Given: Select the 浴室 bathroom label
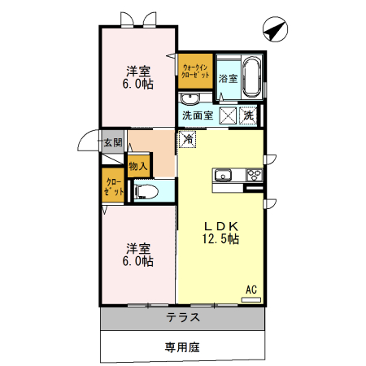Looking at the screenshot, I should click(x=229, y=79).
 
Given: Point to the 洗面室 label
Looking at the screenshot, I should click(x=198, y=115).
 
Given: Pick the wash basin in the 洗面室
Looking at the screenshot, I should click(x=190, y=99).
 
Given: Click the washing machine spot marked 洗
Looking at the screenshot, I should click(x=249, y=115).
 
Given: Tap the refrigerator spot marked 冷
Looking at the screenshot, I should click(x=188, y=139).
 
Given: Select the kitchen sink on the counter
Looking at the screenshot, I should click(x=223, y=175).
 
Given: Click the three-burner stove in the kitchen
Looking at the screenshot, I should click(x=253, y=175).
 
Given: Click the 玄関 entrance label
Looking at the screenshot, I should click(x=112, y=143).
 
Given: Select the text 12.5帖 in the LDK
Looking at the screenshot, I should click(x=220, y=239).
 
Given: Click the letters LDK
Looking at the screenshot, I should click(x=220, y=225).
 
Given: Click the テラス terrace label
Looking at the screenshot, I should click(x=183, y=318).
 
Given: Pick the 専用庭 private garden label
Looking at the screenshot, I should click(x=182, y=347).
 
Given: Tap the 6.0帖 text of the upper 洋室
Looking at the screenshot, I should click(x=138, y=84).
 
